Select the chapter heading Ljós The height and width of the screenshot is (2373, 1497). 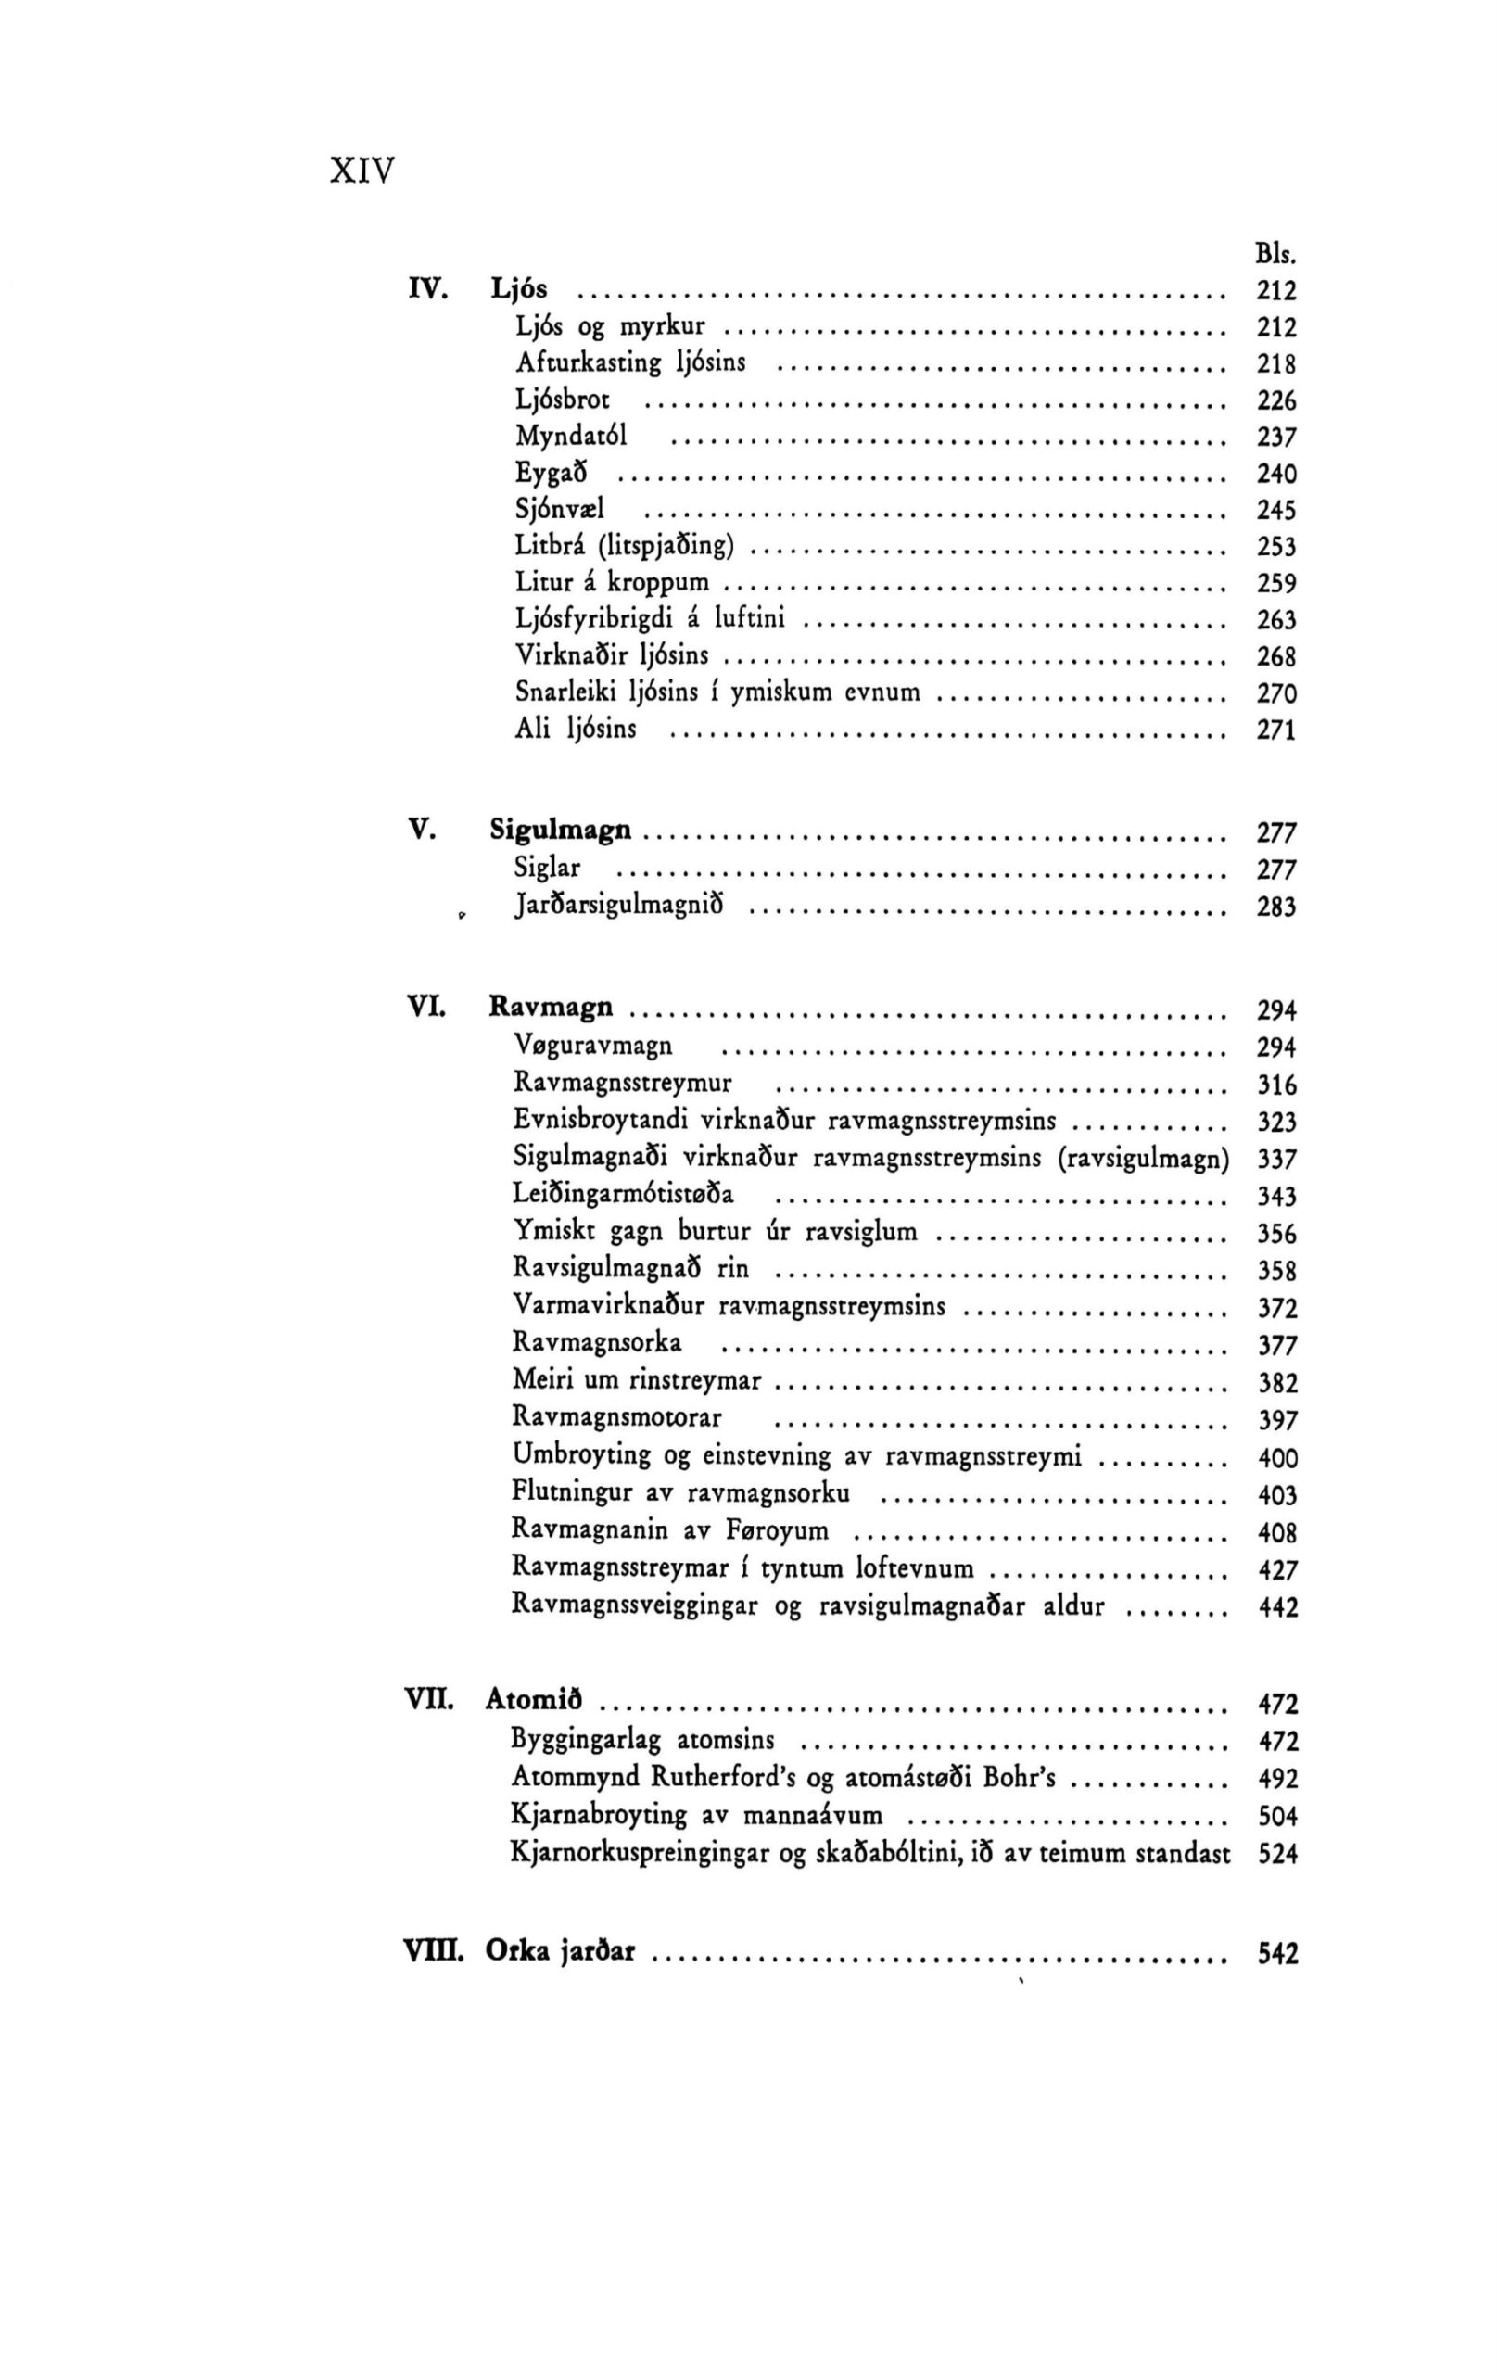tap(519, 290)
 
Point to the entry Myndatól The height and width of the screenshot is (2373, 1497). tap(572, 437)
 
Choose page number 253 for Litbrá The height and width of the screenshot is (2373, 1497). tap(1276, 547)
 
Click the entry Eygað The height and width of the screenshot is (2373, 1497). tap(552, 473)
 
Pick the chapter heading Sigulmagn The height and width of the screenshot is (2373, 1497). tap(561, 831)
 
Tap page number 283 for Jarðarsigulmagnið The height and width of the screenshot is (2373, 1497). tap(1276, 907)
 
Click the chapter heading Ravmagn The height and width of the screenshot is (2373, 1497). tap(551, 1008)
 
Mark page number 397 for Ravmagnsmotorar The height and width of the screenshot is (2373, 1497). tap(1278, 1420)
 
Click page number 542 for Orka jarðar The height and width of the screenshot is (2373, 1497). tap(1278, 1952)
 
